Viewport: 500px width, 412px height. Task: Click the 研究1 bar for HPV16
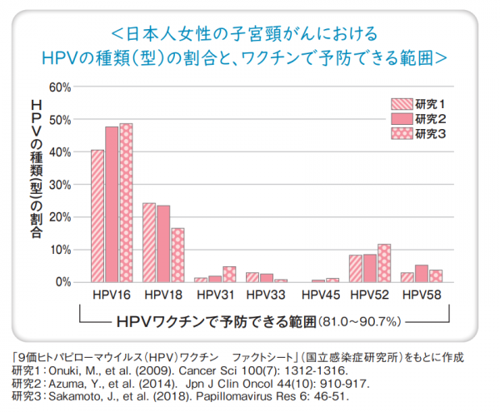(97, 216)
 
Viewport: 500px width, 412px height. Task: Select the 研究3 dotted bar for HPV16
(126, 203)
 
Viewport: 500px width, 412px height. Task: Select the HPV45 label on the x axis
(318, 295)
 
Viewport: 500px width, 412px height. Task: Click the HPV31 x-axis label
(215, 295)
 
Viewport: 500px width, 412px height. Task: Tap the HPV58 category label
(422, 295)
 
